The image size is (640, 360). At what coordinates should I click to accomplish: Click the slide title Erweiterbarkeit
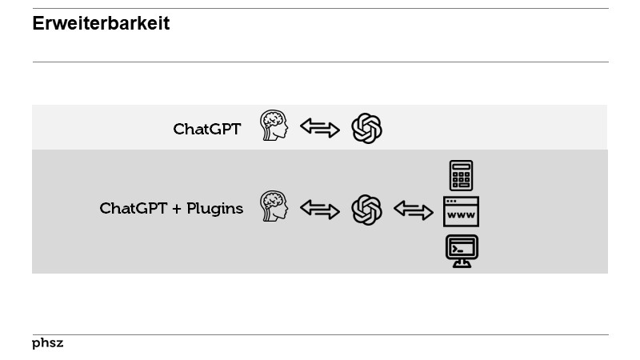pos(101,24)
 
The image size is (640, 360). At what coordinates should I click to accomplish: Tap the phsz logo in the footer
pos(47,343)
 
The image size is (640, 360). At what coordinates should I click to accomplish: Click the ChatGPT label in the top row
pos(206,129)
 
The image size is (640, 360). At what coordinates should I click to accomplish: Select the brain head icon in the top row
pos(274,126)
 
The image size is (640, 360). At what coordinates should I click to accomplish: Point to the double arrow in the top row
pos(320,128)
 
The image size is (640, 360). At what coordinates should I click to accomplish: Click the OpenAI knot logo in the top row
pos(367,128)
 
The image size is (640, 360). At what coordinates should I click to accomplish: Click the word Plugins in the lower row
pos(214,209)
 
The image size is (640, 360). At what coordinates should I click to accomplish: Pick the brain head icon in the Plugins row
pos(274,206)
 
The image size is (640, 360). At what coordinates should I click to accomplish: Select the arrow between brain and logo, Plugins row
pos(320,210)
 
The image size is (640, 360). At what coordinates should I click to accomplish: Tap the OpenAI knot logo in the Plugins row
pos(367,210)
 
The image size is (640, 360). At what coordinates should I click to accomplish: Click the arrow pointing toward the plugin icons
pos(414,210)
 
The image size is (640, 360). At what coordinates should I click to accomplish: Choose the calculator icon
pos(461,175)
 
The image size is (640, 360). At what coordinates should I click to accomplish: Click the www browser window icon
pos(461,211)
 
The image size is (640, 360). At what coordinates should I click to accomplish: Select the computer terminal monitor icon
pos(462,250)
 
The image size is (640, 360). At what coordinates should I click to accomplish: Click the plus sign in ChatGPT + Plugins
pos(177,209)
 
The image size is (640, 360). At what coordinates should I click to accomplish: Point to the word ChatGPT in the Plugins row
pos(133,209)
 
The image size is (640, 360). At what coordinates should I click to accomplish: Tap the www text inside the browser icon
pos(461,215)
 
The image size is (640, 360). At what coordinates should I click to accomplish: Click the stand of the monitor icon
pos(462,262)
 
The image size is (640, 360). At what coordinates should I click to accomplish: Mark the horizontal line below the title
pos(320,62)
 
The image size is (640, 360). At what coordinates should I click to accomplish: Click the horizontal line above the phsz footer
pos(320,334)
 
